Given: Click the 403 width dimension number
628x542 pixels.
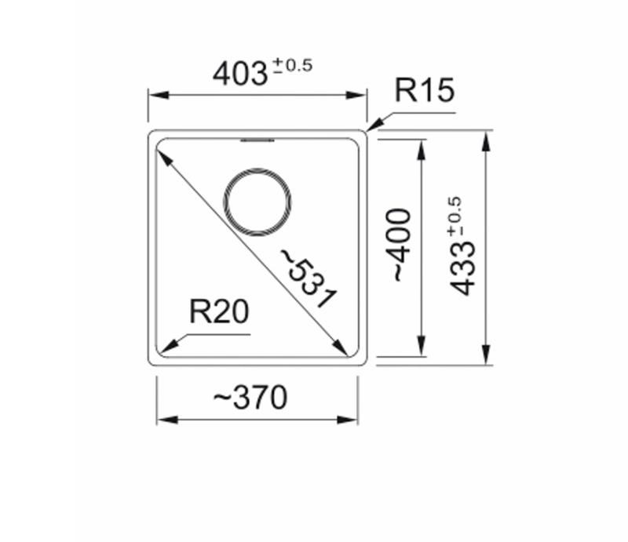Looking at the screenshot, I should tap(239, 74).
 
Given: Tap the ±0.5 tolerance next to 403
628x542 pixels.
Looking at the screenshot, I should tap(292, 66).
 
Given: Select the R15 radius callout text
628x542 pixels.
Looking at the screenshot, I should tap(424, 91).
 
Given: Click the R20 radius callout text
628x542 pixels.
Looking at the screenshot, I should tap(219, 313).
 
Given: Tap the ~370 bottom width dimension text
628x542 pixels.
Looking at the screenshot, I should tap(250, 398).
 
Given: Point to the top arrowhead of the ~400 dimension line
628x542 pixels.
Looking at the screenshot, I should tap(422, 148).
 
